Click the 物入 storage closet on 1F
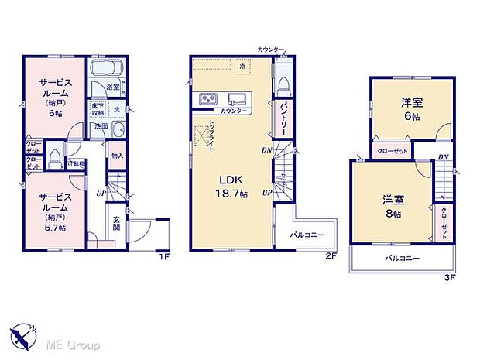tap(117, 156)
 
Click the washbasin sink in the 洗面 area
tap(118, 129)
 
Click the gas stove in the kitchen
tap(209, 99)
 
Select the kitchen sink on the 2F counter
tap(238, 98)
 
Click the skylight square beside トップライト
tap(202, 136)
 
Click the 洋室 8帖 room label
tap(393, 206)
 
